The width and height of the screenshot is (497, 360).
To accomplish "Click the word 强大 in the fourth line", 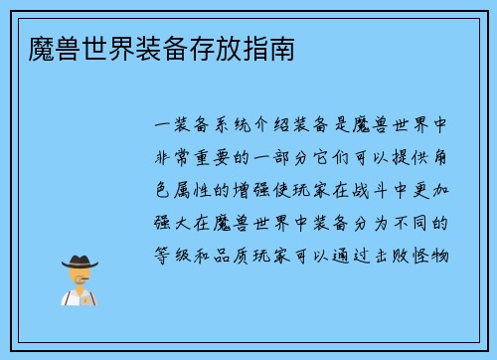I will (177, 222).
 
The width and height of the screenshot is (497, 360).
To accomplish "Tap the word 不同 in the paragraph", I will (426, 222).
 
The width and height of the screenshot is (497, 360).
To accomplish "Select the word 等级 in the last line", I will (177, 255).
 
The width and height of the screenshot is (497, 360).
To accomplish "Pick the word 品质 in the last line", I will (244, 255).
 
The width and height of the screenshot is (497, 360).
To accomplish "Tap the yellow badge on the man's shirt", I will (90, 297).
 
